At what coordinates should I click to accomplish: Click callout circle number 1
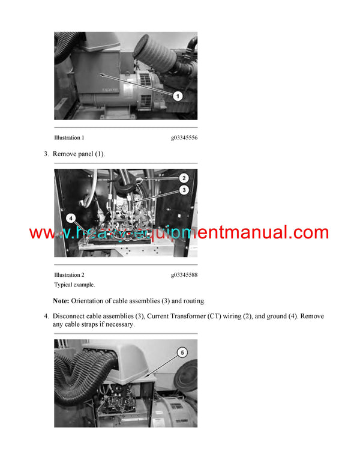178,96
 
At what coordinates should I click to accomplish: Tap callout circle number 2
184,178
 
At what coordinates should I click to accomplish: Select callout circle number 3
184,190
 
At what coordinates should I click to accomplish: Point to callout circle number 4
71,219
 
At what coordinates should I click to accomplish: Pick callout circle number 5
182,353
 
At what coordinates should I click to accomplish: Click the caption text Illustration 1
69,138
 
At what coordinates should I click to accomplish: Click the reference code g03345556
184,138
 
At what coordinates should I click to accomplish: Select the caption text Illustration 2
69,275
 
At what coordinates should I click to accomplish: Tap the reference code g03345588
184,275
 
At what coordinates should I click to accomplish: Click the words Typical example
74,285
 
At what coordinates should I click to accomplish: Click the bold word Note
61,301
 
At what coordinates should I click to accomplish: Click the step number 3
46,154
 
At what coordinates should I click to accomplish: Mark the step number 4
46,316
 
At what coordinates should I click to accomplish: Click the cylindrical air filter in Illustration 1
155,53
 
